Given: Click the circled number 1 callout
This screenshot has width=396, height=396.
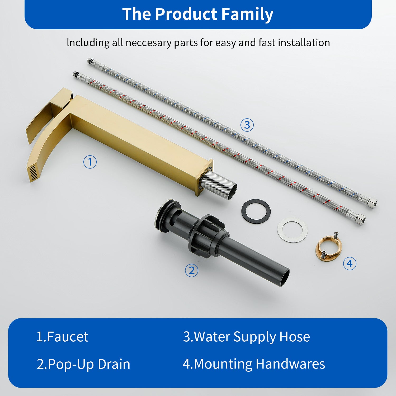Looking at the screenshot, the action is point(90,162).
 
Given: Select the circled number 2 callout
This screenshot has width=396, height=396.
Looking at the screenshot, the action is point(191,270).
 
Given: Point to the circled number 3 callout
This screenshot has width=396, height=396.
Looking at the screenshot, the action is point(247,125).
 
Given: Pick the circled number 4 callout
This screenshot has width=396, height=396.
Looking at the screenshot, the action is point(350,263).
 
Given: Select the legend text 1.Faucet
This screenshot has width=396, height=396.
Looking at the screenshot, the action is point(62,337).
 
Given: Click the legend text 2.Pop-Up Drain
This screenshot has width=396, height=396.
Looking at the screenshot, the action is point(83,364).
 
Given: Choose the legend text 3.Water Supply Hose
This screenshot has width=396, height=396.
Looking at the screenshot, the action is point(247,337).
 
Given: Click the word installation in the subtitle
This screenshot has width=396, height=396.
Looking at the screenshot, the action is point(304,43).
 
